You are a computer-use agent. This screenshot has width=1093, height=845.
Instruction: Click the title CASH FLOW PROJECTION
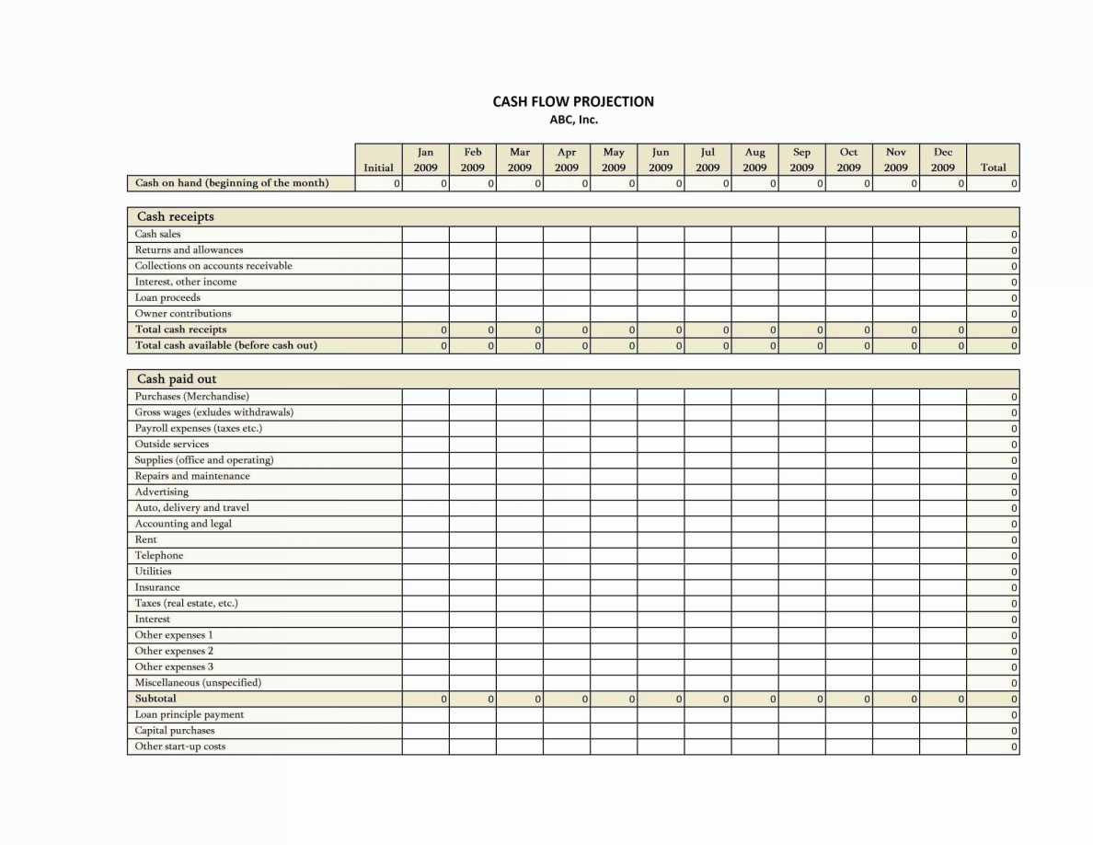573,101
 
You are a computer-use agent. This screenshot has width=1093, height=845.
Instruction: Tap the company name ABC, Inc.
573,120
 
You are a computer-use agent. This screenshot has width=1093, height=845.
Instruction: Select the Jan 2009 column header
425,159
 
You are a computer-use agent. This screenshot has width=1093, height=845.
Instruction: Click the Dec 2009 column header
942,159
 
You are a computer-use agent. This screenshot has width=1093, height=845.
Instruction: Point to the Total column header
993,167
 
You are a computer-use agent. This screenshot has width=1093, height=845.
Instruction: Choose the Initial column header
378,167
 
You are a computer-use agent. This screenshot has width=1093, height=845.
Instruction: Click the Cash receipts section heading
176,217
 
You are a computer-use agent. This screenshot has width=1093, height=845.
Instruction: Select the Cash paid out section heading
177,379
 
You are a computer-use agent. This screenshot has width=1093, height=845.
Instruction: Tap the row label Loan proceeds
167,297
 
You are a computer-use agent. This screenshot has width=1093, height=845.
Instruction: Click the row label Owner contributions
183,313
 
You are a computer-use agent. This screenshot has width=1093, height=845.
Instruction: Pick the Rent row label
146,539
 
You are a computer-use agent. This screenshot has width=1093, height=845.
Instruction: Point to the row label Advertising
162,492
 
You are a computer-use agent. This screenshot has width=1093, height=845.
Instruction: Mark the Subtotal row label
155,699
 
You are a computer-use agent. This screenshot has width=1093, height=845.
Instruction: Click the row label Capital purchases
175,730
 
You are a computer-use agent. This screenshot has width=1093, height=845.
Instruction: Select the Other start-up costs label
180,747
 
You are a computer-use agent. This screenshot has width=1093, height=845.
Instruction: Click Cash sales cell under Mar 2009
519,234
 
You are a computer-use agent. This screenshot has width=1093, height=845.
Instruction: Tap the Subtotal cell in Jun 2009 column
661,699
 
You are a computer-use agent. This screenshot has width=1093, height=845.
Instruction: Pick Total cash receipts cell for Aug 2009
754,330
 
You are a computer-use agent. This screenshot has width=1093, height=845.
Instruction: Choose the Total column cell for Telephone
993,556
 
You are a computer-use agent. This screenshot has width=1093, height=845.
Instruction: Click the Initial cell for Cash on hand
378,183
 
